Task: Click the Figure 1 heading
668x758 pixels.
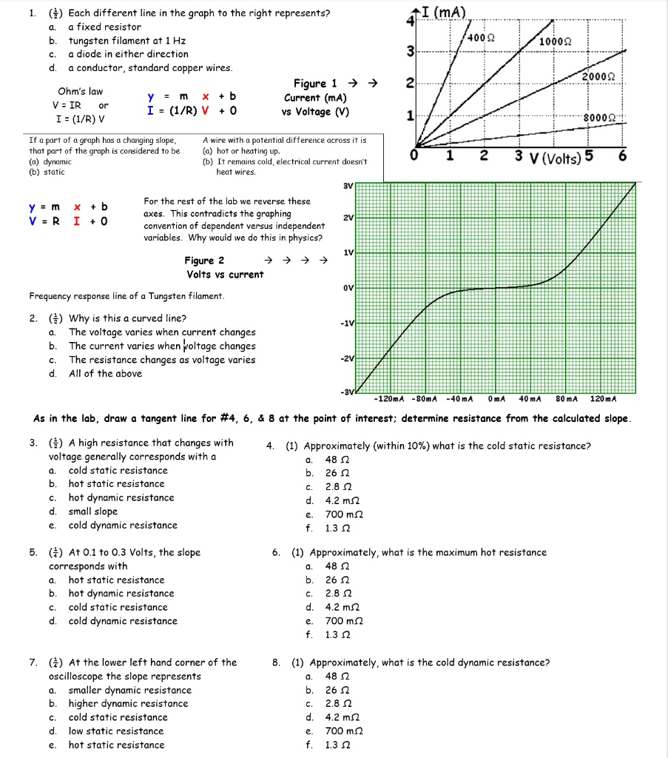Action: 315,84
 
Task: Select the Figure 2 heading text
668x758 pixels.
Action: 205,261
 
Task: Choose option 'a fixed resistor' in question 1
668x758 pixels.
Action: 104,27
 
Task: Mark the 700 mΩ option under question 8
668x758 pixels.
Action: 344,731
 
